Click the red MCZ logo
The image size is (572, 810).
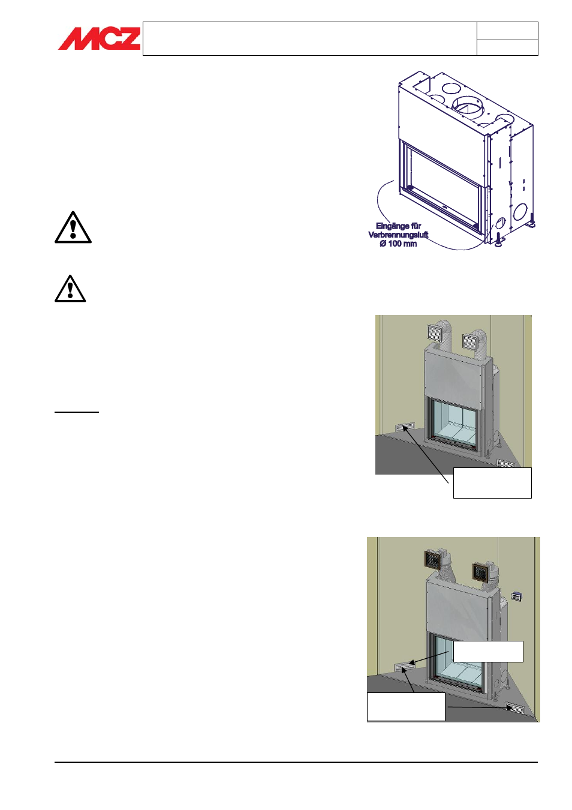click(100, 38)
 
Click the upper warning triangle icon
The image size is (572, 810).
click(73, 227)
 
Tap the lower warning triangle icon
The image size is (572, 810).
click(70, 289)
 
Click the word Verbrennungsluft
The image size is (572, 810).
click(398, 235)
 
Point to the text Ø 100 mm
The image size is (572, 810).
click(398, 244)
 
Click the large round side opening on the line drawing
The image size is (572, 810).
click(520, 212)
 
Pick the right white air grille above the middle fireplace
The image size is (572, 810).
click(470, 342)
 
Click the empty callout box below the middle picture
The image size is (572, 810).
click(492, 483)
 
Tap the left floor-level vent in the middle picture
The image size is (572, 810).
click(405, 427)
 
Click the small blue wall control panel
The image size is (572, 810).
click(517, 596)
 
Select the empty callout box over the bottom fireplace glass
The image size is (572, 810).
click(488, 651)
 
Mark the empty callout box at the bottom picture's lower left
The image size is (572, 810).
click(406, 707)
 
